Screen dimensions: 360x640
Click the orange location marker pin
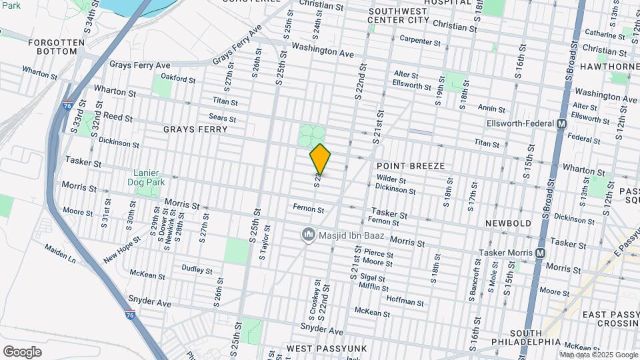[x=320, y=159]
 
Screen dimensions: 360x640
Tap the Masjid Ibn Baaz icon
[x=308, y=235]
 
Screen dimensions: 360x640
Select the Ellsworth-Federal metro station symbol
[x=561, y=124]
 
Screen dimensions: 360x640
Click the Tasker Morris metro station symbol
[x=540, y=253]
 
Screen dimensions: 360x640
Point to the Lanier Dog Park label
[x=146, y=177]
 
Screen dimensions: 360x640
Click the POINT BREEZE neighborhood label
[x=410, y=165]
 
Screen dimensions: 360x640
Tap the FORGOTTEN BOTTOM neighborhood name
[x=57, y=47]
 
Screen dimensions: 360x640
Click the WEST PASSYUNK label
[x=318, y=349]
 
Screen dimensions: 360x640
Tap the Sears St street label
[x=223, y=118]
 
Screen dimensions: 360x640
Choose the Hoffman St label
[x=405, y=301]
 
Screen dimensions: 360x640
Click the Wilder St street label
[x=391, y=179]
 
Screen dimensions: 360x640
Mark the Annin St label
[x=491, y=107]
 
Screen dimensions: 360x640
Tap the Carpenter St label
[x=420, y=41]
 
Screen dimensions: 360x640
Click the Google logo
[x=22, y=352]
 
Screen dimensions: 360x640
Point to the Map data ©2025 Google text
[x=598, y=355]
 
